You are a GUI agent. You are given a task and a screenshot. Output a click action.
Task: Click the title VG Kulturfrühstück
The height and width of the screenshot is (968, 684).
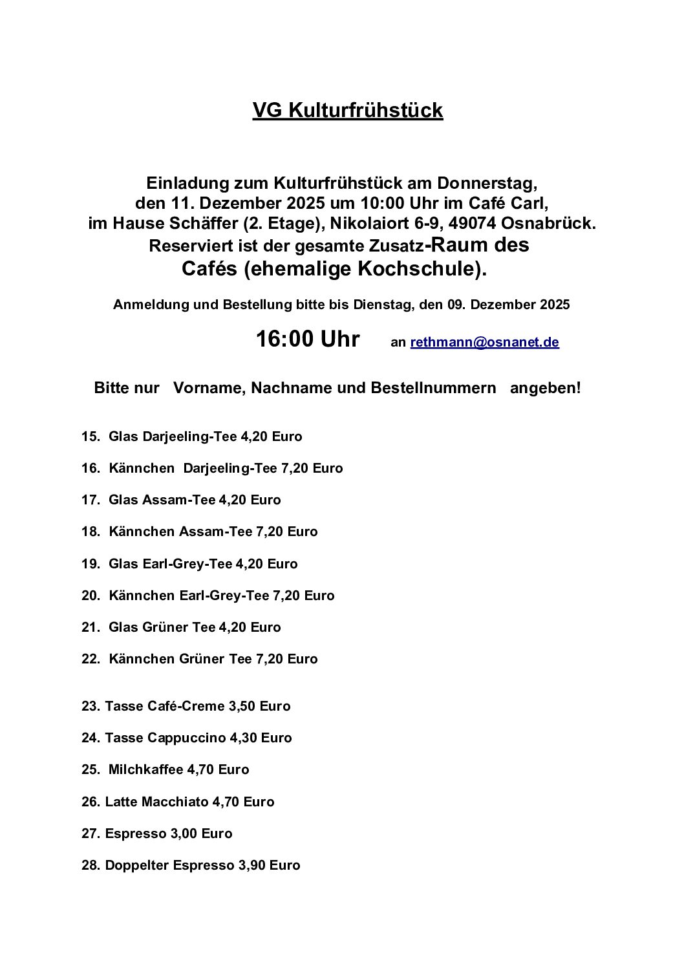click(347, 111)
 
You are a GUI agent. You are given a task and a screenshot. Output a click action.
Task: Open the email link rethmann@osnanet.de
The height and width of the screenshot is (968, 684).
click(484, 343)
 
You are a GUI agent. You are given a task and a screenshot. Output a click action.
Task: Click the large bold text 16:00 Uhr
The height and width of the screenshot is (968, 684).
click(308, 339)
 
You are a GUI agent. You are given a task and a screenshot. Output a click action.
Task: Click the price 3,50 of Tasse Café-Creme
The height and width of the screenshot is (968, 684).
click(242, 706)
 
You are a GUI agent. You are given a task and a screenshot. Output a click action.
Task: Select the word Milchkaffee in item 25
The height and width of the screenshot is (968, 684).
click(145, 769)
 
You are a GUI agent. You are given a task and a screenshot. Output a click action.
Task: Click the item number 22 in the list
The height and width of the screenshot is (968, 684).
click(90, 659)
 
